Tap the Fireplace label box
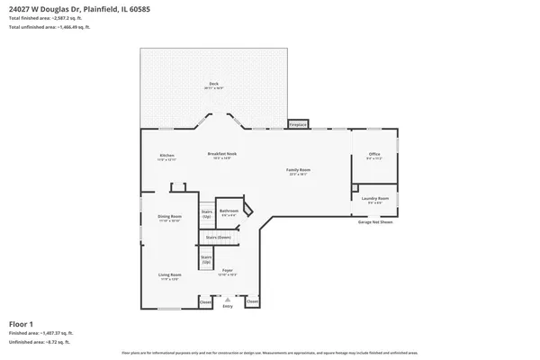pos(298,123)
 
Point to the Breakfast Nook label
pos(221,154)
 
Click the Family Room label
pos(299,171)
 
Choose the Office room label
pos(374,156)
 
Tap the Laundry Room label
pos(375,199)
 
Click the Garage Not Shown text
pos(375,221)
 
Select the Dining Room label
pos(170,218)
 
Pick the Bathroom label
pos(229,212)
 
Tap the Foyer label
pos(229,271)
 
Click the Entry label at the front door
pos(228,307)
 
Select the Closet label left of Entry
pos(206,301)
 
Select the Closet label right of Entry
pos(251,301)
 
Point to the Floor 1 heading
pos(21,323)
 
